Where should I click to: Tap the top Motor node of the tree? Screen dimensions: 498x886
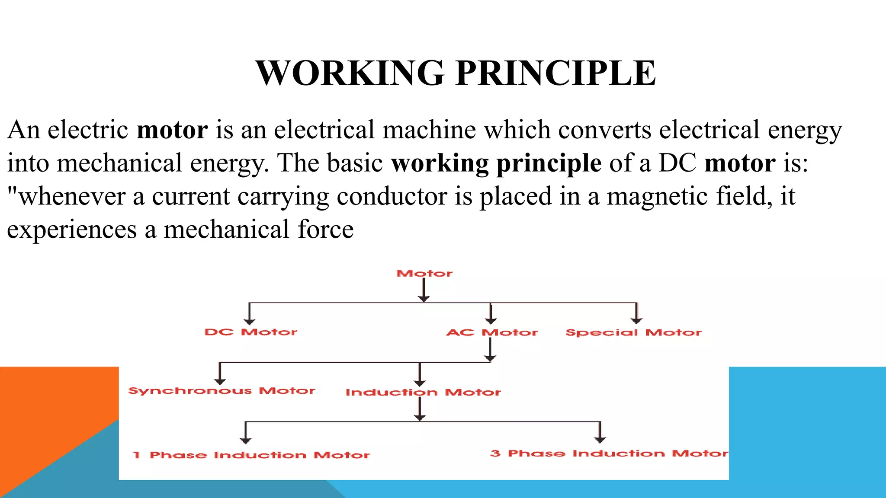[424, 274]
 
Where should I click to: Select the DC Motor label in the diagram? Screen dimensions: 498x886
[251, 332]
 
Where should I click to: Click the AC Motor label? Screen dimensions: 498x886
[492, 332]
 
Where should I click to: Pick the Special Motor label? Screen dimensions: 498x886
[633, 332]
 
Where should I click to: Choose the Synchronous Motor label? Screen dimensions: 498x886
[221, 391]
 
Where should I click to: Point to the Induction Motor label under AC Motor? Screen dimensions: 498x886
[423, 393]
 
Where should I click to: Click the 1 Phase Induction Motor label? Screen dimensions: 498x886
[251, 455]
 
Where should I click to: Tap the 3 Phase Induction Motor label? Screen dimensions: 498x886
[609, 453]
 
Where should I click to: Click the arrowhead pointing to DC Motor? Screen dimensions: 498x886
[249, 321]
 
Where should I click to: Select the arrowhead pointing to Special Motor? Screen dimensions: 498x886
[636, 320]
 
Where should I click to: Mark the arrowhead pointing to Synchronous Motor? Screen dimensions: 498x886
[220, 381]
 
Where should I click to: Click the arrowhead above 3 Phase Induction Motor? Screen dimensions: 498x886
[600, 440]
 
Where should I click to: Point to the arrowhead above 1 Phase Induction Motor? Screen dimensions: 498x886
[246, 441]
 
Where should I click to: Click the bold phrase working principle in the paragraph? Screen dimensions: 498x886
[496, 163]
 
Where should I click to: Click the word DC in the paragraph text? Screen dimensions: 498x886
[677, 163]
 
